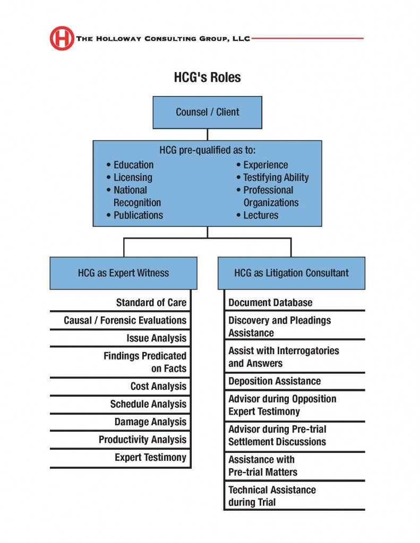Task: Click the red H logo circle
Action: [x=62, y=38]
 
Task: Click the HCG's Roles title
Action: [x=208, y=77]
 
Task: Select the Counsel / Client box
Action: [x=208, y=112]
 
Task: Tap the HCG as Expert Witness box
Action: [x=124, y=273]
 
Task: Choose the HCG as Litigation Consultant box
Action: [x=292, y=273]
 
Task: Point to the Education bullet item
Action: [x=130, y=165]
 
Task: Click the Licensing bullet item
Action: [x=130, y=177]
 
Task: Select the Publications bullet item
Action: [x=134, y=215]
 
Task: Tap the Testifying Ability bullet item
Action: [x=272, y=177]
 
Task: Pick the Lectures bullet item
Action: [x=258, y=215]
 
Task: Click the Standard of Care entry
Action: [x=151, y=303]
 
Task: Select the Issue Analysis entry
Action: [x=157, y=338]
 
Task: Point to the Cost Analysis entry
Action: [x=159, y=386]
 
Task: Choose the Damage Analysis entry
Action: [x=150, y=422]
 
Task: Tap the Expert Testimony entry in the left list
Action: [x=150, y=458]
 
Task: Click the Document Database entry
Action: [x=270, y=303]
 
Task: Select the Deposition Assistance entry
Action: [x=275, y=381]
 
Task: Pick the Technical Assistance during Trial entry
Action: [x=272, y=496]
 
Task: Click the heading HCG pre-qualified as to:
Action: [x=208, y=150]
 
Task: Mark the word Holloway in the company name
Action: [x=118, y=38]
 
